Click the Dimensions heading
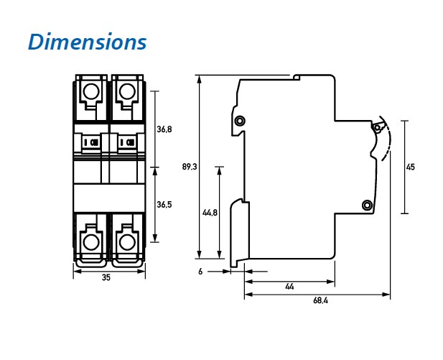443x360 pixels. point(88,42)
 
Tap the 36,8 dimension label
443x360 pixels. point(164,129)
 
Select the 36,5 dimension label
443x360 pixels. point(164,204)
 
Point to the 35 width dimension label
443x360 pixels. point(106,277)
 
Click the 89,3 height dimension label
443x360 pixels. point(190,167)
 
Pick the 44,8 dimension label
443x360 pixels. point(210,213)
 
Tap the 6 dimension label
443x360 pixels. point(200,272)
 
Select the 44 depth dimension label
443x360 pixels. point(289,287)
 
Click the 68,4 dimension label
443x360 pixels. point(320,300)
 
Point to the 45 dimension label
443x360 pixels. point(410,167)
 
